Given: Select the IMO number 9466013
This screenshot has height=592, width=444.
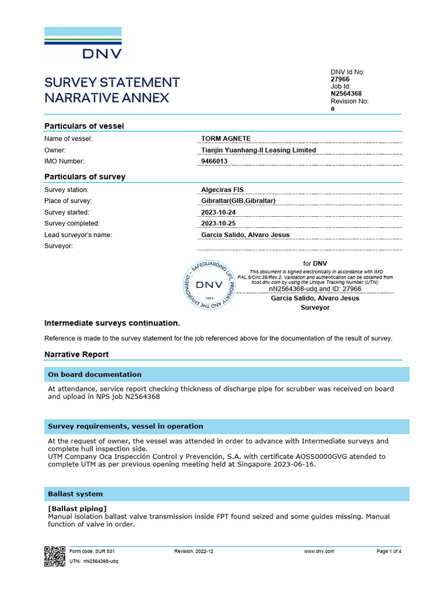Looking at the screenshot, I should point(214,161).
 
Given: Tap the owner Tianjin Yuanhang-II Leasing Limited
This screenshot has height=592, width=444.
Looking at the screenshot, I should point(258,150).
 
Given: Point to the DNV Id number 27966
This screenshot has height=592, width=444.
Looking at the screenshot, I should point(340,79).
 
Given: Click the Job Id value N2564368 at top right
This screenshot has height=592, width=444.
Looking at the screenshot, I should point(346,94).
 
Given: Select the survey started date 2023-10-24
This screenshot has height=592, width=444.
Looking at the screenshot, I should point(219,212).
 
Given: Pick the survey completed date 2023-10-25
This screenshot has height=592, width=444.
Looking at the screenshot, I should point(219,223).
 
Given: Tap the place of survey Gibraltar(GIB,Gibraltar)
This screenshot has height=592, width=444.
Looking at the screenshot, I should point(238,201).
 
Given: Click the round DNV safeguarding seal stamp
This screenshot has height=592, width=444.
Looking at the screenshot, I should point(208,285).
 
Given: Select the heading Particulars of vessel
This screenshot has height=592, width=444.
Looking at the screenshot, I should point(84,126).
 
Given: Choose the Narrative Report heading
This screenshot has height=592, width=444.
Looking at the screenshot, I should point(76,354).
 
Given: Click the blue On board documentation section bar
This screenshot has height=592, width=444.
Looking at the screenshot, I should point(227,375).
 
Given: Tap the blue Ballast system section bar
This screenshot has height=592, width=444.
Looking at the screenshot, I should point(227,494).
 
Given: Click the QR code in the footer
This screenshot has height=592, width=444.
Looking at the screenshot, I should point(55,556).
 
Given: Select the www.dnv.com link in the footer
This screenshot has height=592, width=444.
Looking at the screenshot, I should point(319,552).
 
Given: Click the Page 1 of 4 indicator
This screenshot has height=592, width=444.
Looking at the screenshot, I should point(388,552).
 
